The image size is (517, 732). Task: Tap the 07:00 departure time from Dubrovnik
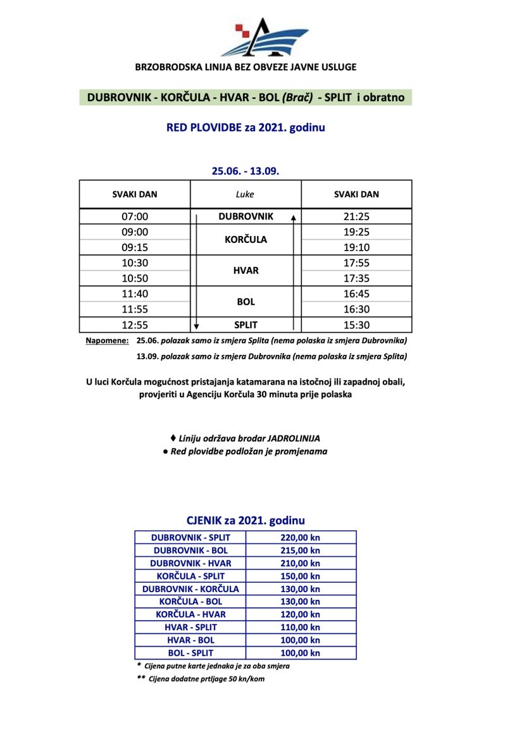point(135,216)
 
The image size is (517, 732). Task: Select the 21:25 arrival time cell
point(356,216)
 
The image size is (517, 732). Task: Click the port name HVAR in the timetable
point(246,270)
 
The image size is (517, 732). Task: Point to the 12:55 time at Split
point(135,325)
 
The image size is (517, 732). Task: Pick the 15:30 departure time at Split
point(356,325)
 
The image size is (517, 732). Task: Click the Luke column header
point(245,194)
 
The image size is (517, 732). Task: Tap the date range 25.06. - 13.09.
point(246,171)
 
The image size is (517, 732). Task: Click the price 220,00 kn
point(300,537)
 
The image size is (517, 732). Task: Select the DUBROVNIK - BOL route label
point(190,550)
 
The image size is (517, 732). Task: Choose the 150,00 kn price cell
point(300,576)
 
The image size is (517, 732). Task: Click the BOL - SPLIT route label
point(190,652)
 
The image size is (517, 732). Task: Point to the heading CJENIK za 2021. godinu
point(246,521)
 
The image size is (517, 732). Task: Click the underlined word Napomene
point(106,340)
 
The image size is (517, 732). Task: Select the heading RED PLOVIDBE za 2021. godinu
point(246,127)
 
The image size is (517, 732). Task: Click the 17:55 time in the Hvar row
point(356,263)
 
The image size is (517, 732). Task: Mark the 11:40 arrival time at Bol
point(135,294)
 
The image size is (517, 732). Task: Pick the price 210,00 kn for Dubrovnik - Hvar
point(300,563)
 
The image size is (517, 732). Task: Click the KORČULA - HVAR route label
point(190,614)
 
